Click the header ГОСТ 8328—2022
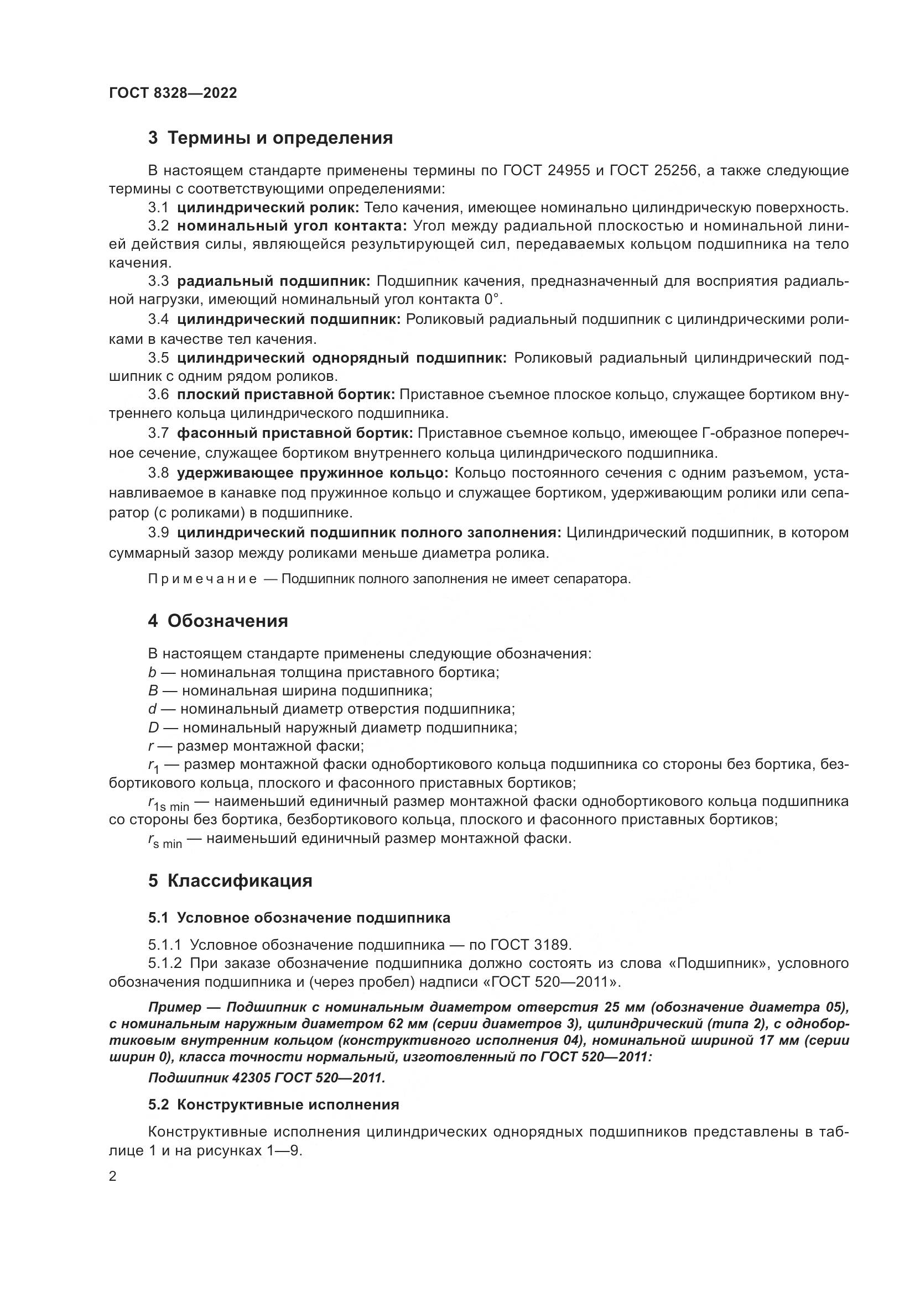[x=173, y=93]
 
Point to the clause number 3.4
[x=158, y=320]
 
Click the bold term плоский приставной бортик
[x=285, y=394]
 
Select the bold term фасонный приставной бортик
[x=295, y=433]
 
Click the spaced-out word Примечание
[x=202, y=579]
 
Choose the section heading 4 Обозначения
[x=218, y=621]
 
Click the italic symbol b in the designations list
[x=152, y=672]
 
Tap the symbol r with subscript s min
[x=164, y=841]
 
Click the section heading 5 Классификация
[x=230, y=881]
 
